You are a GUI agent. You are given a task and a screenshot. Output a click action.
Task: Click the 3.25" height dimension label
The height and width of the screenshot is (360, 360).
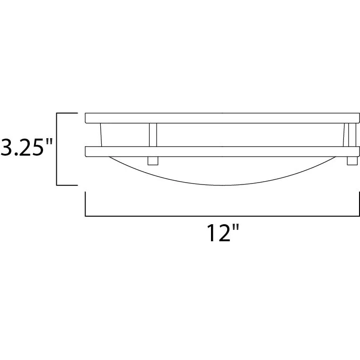(x=26, y=147)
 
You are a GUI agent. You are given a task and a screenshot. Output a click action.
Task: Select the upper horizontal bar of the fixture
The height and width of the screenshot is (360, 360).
(x=222, y=118)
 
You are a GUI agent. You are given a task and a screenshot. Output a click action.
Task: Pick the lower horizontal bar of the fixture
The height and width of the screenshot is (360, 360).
(x=222, y=151)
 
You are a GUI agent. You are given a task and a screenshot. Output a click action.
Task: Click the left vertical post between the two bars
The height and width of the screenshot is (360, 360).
(x=153, y=135)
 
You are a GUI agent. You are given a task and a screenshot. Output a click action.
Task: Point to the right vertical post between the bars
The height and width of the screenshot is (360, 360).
(x=352, y=135)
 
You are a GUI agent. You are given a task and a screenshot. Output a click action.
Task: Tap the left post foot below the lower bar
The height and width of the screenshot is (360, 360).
(x=153, y=161)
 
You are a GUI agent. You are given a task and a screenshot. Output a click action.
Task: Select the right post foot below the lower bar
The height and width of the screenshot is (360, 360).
(x=352, y=161)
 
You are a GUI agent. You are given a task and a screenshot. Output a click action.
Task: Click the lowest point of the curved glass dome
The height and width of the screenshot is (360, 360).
(x=222, y=185)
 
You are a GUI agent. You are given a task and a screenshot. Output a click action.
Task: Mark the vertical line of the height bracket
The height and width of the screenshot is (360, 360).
(x=57, y=149)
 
